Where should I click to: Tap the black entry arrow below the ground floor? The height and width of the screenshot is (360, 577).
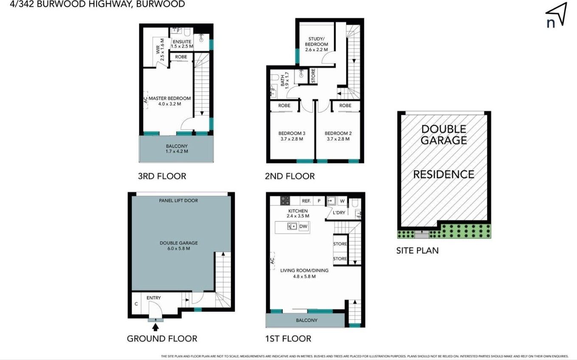[155, 327]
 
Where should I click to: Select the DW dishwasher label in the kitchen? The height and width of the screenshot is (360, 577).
[303, 227]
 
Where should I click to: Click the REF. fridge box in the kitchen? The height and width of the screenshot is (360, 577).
[306, 201]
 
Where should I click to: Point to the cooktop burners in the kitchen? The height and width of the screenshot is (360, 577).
[285, 201]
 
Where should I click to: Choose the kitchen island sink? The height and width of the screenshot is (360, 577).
[292, 226]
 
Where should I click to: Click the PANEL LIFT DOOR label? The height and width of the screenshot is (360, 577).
[178, 200]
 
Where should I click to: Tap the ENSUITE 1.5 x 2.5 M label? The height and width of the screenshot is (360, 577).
[182, 44]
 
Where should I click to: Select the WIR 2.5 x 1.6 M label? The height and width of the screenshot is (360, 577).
[160, 50]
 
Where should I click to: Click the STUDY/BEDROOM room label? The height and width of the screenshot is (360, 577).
[316, 44]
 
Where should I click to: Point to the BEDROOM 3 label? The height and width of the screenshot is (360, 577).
[292, 133]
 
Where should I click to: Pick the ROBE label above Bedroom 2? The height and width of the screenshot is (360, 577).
[345, 106]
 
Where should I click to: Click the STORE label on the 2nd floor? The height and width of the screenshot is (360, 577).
[313, 76]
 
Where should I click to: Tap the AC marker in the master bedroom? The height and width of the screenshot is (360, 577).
[146, 100]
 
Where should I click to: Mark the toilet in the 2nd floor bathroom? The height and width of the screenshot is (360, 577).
[273, 77]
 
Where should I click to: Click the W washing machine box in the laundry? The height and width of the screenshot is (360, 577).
[342, 201]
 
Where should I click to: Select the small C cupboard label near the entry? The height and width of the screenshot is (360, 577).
[136, 304]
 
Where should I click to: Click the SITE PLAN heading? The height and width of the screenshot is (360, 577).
[417, 250]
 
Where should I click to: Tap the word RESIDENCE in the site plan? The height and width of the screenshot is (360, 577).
[444, 174]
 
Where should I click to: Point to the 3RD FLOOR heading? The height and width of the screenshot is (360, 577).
[162, 176]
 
